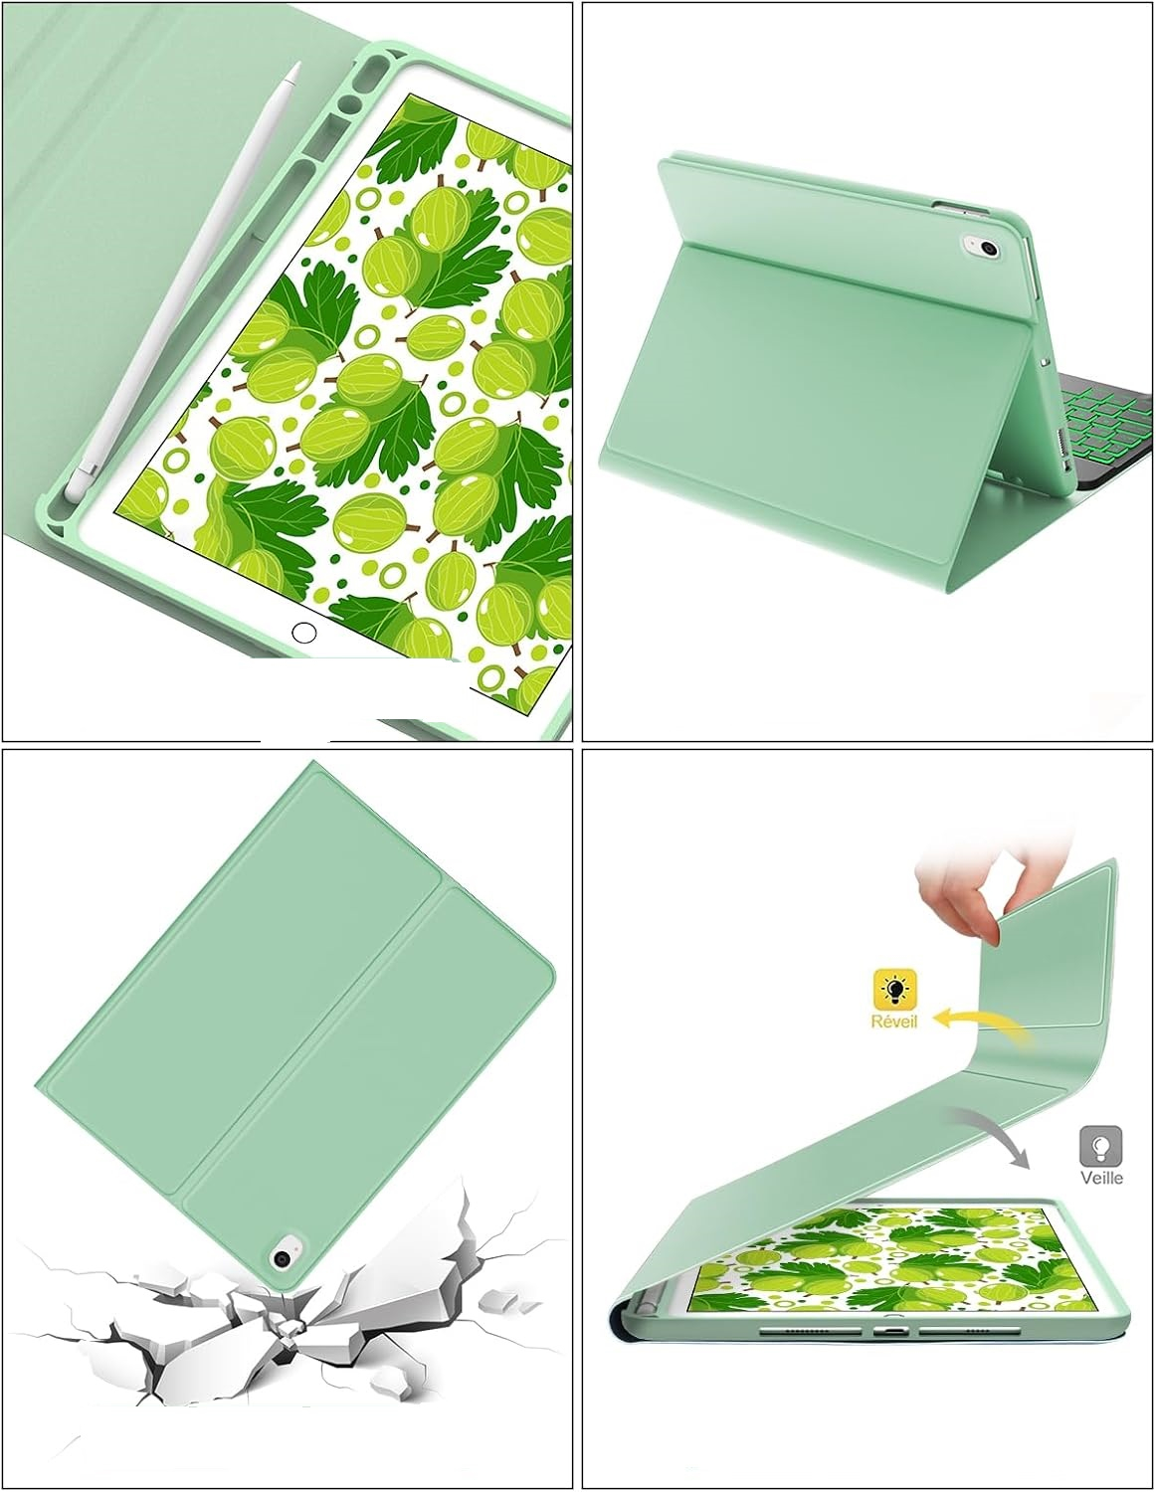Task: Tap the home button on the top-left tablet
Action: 304,633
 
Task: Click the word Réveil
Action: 893,1021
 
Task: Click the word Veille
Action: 1101,1178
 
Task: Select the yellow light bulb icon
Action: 894,989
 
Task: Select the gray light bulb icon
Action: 1101,1146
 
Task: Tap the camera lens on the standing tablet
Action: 989,249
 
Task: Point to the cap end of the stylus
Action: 72,486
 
